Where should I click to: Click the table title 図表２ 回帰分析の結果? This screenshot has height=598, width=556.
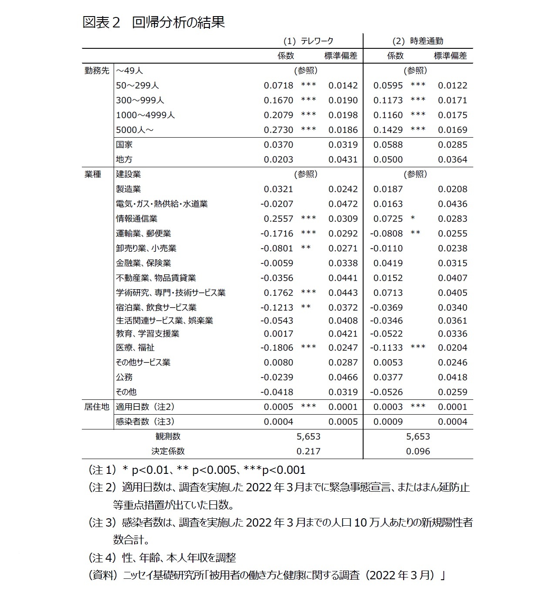154,22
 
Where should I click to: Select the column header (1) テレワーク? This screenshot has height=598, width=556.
308,41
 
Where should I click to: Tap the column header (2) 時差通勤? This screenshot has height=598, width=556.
418,41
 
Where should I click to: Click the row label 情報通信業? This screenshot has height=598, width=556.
136,219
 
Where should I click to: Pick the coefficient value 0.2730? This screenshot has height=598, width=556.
278,130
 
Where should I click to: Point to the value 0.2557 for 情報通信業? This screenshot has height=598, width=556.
278,219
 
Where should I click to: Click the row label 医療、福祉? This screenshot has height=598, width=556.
135,348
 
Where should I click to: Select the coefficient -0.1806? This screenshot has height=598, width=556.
277,348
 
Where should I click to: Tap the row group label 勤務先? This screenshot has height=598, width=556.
97,71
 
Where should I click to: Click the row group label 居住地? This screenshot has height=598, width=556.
97,407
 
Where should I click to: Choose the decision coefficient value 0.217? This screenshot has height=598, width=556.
308,451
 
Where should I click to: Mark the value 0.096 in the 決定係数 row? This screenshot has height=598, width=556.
418,451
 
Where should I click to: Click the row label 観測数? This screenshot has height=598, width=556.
168,436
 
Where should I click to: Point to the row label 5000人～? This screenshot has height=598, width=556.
135,130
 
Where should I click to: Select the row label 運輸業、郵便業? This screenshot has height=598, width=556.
143,233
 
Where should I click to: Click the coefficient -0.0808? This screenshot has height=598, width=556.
387,233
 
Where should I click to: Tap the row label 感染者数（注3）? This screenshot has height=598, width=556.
145,422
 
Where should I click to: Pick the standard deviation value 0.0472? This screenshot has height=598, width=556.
343,204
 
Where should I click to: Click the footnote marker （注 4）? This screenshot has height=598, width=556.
103,557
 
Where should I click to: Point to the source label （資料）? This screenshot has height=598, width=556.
103,575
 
